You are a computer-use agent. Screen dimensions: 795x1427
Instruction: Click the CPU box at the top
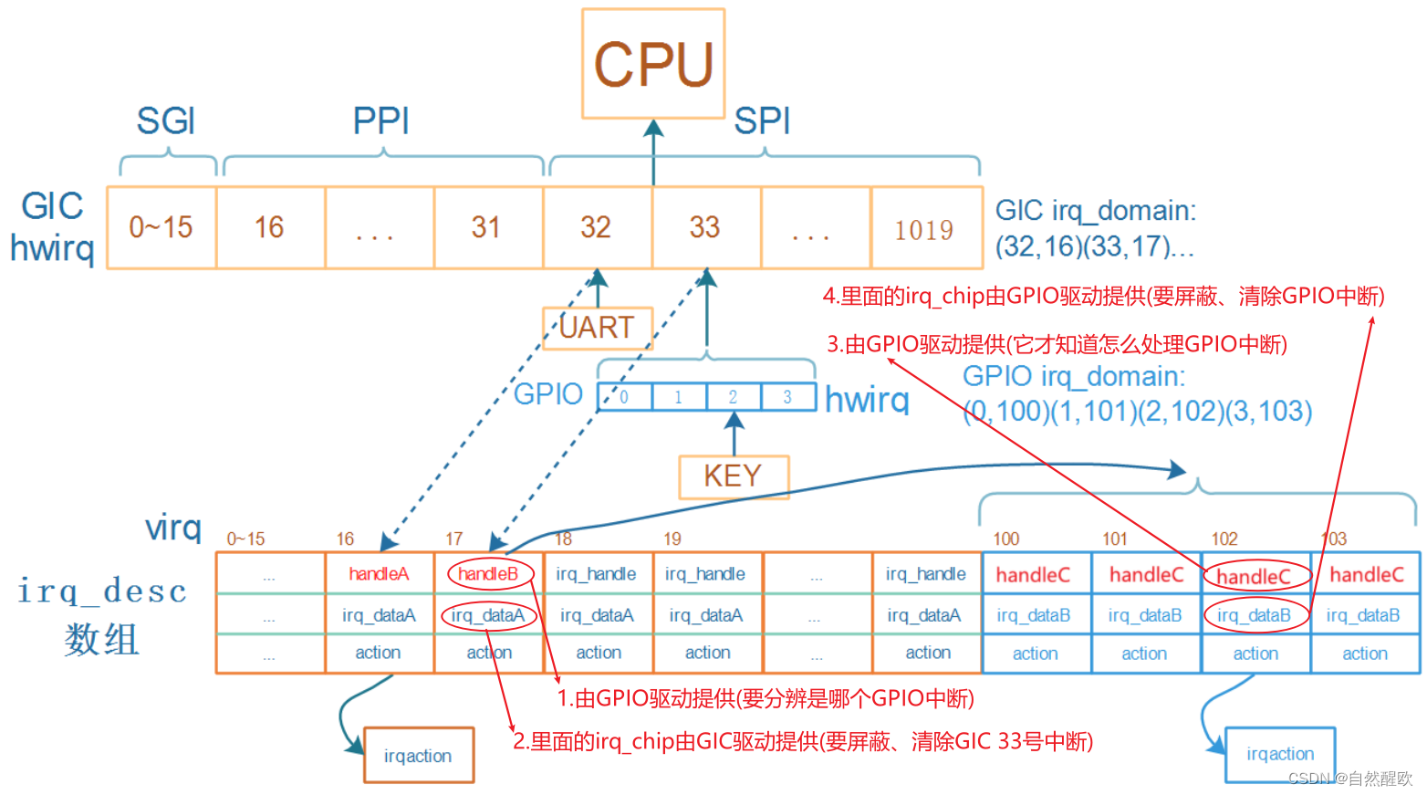point(653,64)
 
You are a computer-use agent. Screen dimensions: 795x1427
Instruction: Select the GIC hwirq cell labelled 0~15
point(161,227)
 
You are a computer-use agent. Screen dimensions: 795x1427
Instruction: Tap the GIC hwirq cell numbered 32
point(596,227)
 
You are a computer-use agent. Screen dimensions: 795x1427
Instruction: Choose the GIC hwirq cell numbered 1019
point(924,229)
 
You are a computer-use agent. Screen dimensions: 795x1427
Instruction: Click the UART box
point(597,328)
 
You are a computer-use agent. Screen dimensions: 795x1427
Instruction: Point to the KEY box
point(733,476)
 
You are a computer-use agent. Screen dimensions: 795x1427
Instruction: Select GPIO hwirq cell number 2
point(733,397)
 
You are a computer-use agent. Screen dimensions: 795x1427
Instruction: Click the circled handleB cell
point(488,574)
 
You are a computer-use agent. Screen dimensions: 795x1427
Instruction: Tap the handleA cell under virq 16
point(379,574)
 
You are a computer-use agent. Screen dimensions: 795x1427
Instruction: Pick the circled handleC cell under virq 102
point(1255,576)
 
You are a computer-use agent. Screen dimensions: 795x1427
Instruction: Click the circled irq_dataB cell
point(1255,615)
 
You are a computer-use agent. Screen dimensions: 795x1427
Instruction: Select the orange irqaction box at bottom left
point(418,756)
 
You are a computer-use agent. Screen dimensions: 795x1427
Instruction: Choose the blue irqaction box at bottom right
point(1280,754)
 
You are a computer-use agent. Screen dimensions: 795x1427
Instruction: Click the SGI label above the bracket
point(166,120)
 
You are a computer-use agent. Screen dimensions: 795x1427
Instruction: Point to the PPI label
point(381,120)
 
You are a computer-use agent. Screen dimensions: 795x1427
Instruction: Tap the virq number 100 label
point(1005,539)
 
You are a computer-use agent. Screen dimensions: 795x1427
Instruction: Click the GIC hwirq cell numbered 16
point(269,227)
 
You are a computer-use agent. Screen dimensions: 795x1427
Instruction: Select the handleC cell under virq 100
point(1033,575)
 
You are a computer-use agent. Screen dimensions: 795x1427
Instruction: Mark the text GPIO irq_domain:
point(1074,376)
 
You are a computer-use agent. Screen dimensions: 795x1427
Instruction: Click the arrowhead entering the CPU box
point(653,128)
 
